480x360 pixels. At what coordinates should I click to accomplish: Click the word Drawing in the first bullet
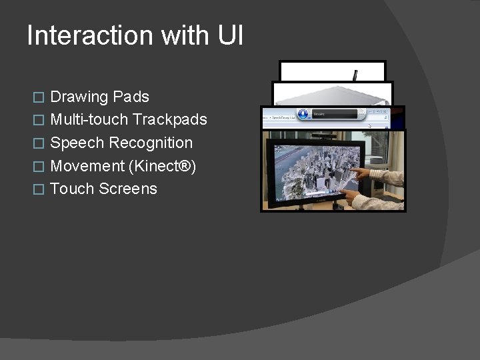tap(79, 97)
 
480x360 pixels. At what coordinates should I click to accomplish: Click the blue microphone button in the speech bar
tap(303, 115)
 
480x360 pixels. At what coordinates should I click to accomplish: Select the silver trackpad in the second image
tap(331, 94)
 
